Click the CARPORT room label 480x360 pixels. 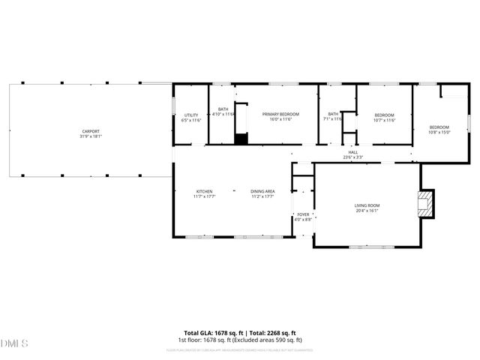[91, 131]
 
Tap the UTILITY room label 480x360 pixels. [191, 115]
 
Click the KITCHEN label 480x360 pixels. [205, 191]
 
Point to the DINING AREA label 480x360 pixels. [262, 191]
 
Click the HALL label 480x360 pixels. [352, 152]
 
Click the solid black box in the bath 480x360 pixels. [240, 138]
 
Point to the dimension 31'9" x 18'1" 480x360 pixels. [91, 136]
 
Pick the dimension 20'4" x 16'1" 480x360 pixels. [367, 210]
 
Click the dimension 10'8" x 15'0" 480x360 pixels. [439, 132]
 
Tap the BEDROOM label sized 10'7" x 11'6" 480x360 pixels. [384, 115]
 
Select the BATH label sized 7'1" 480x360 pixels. [332, 114]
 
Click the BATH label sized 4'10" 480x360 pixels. [223, 109]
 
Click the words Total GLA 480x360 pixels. [198, 333]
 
